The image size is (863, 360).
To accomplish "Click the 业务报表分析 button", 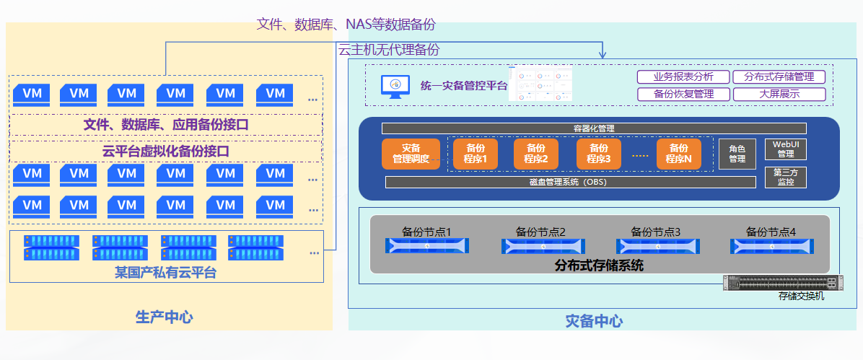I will coord(683,76).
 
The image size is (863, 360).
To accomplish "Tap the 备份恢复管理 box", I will coord(683,94).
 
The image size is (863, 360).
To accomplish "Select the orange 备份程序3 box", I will coord(599,154).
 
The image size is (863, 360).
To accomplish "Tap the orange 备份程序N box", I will coord(679,154).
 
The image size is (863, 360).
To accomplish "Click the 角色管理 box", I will coord(737,154).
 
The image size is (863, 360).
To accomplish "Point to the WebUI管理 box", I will coord(785,149).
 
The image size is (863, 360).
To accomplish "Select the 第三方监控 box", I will coord(785,177).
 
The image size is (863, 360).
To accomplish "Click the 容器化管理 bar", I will coord(599,128).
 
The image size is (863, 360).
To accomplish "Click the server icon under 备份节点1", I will coord(427,247).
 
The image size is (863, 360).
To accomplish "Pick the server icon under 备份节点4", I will coord(771,247).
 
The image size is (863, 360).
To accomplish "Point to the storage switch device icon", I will coord(783,282).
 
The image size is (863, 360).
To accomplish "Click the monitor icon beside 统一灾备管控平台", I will coord(395,86).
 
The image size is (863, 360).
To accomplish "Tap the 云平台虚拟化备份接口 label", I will coord(166,152).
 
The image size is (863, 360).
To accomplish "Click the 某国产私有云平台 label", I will coord(165,273).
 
